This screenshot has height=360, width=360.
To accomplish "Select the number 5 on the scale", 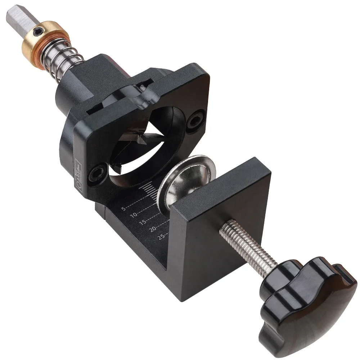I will click(123, 208).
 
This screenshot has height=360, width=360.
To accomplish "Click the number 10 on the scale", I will click(134, 215).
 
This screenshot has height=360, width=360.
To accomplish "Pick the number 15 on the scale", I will click(143, 222).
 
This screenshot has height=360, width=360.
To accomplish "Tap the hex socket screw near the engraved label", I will click(98, 174).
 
